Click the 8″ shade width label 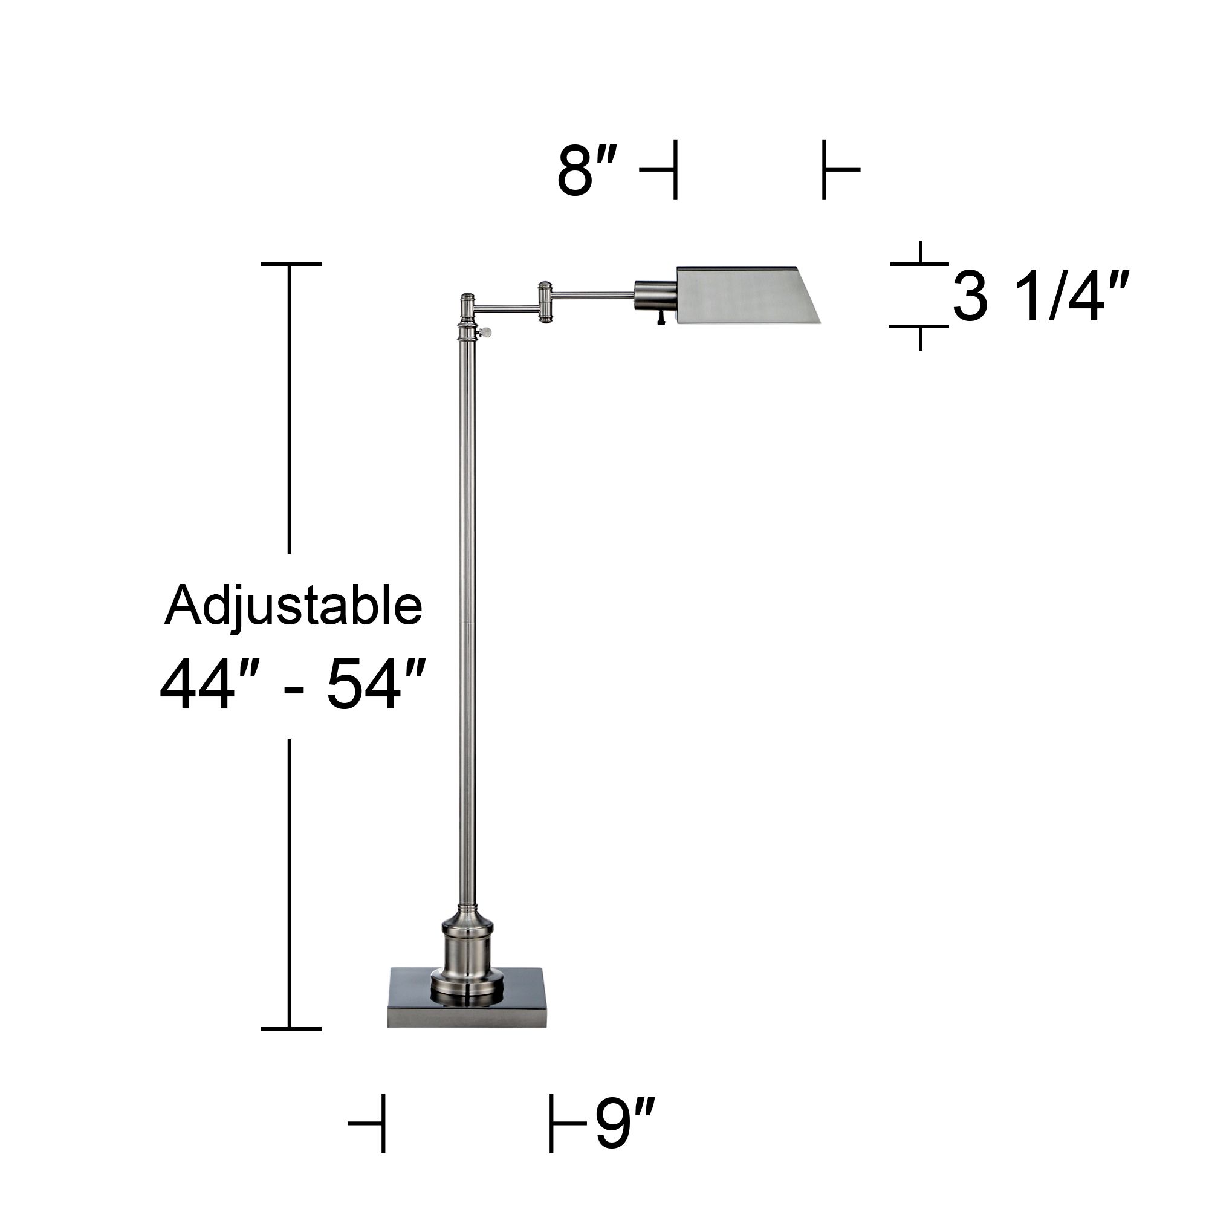(x=587, y=171)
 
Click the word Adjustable (x=293, y=606)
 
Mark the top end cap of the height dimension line (x=291, y=265)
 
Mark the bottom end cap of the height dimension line (x=291, y=1028)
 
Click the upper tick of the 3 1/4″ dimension (x=920, y=264)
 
